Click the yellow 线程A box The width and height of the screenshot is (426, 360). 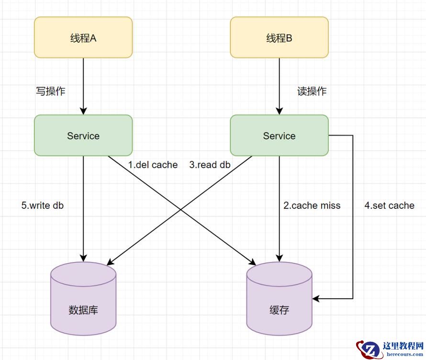coord(83,38)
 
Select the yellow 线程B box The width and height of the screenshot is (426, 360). coord(280,38)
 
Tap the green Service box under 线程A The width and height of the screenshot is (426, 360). coord(83,135)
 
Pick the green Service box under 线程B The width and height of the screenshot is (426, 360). coord(280,135)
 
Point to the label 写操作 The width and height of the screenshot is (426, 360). coord(51,91)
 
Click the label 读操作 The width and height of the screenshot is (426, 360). coord(312,91)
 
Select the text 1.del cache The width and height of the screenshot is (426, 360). coord(153,165)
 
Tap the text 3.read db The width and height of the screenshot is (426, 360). coord(210,165)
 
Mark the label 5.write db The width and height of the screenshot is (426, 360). coord(43,205)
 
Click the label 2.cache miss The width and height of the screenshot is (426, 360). coord(312,205)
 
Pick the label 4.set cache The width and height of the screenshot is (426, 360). coord(389,205)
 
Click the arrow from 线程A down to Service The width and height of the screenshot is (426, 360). coord(83,86)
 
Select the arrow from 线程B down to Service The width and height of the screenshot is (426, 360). coord(280,86)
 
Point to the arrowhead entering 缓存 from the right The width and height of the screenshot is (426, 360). coord(316,298)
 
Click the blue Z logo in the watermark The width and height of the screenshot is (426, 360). coord(369,349)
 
